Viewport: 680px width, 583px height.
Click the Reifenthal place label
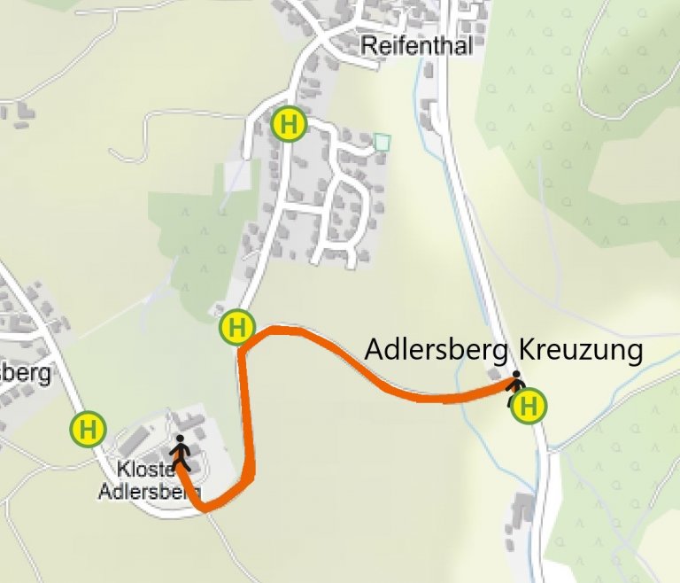[417, 46]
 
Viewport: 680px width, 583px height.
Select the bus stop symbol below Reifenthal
[289, 124]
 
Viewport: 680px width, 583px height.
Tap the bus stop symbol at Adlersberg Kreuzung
[529, 406]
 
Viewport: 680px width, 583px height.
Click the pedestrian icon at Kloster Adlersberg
[181, 452]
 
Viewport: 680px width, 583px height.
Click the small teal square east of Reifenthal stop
[382, 142]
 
